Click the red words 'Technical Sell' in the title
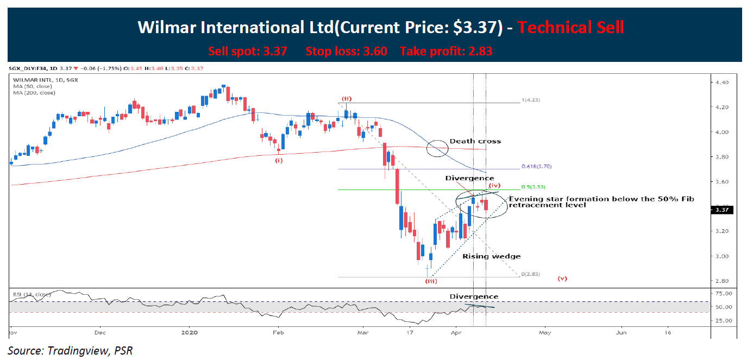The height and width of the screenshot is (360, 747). (x=570, y=27)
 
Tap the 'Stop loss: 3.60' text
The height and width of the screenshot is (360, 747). (x=346, y=52)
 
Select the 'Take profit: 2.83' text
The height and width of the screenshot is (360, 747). (x=446, y=52)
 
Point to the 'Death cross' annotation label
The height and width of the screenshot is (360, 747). (x=476, y=142)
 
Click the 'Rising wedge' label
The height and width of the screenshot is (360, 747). (x=491, y=256)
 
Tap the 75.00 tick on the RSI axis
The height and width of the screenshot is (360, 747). (x=726, y=294)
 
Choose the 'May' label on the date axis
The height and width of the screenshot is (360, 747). (x=545, y=331)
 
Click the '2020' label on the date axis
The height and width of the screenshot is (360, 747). (x=189, y=331)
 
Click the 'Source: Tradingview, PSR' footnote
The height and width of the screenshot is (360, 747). (x=70, y=350)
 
